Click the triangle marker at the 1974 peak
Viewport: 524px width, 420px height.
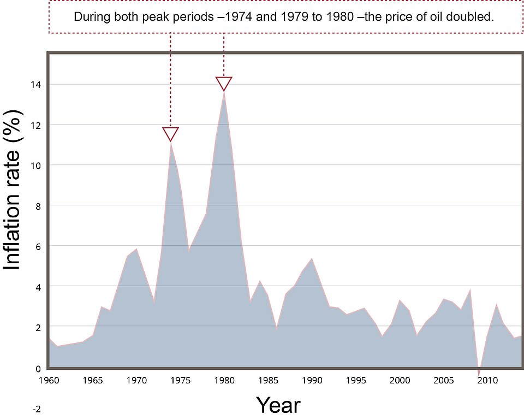[x=171, y=133]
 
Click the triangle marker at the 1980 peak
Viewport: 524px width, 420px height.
[x=224, y=83]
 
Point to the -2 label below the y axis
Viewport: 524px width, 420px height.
[x=37, y=409]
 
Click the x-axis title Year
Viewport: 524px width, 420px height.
[x=278, y=405]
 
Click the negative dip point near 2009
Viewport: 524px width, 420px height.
[x=479, y=375]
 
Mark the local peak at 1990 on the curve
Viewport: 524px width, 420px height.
[x=311, y=258]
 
